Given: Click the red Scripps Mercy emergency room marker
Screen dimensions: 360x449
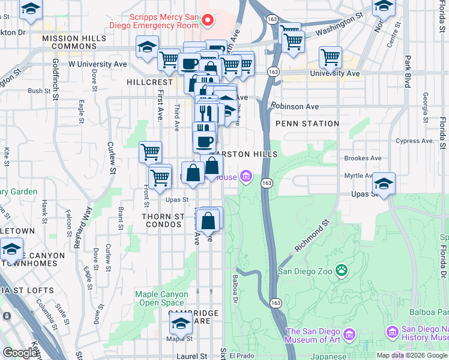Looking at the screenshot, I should (x=208, y=21).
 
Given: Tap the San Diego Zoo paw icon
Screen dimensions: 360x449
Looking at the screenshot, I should (x=342, y=271).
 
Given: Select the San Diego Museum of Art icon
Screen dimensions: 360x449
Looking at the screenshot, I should (x=352, y=332).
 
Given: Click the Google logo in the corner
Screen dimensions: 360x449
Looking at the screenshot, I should (x=19, y=353).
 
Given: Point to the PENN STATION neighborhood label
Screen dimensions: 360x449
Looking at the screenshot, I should (x=307, y=124).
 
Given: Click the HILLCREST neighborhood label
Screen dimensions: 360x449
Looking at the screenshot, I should (x=150, y=81).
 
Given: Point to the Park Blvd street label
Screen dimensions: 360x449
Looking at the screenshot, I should (x=407, y=72).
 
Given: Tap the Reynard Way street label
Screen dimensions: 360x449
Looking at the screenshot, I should (x=85, y=223).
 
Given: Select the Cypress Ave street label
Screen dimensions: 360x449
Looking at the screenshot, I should (x=415, y=141).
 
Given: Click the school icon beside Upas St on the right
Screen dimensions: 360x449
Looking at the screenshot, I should (x=384, y=183).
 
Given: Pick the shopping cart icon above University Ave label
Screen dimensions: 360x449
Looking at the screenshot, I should (x=330, y=57).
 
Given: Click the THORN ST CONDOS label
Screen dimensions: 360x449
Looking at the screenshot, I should (x=162, y=220).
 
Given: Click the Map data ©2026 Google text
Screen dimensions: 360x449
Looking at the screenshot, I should (x=412, y=355).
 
